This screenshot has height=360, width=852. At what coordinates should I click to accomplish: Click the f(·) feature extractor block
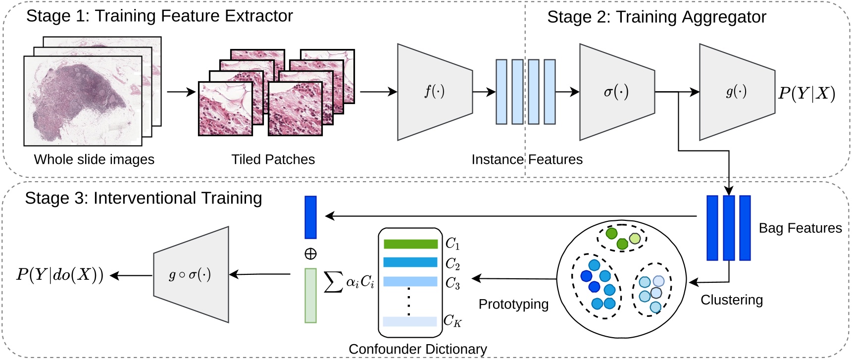pos(434,92)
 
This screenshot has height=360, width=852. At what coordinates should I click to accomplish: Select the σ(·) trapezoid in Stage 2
pos(616,92)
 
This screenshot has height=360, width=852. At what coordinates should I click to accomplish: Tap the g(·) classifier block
pos(736,92)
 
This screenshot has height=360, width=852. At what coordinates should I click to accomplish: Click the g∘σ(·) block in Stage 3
pos(191,275)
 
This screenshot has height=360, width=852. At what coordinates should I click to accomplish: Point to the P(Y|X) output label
pos(806,93)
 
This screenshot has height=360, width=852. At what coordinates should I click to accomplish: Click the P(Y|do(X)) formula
pos(60,275)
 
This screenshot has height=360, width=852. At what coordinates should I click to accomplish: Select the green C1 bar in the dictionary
pos(410,244)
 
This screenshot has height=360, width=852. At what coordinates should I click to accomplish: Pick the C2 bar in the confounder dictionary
pos(410,262)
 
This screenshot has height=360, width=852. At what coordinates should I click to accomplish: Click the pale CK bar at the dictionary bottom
pos(410,321)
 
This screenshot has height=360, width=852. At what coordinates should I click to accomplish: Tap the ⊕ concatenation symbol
pos(310,254)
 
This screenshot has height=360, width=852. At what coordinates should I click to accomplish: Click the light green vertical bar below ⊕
pos(310,296)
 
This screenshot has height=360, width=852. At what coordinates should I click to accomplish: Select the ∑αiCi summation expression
pos(349,282)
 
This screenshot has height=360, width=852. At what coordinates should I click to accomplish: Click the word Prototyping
pos(513,304)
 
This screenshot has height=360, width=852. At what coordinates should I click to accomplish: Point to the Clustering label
pos(731,300)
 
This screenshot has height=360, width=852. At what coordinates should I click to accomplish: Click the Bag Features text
pos(800,228)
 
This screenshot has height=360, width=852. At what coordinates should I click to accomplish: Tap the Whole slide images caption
pos(94,159)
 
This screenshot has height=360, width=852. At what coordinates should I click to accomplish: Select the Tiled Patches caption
pos(273,159)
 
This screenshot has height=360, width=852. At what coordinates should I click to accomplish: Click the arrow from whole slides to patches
pos(181,92)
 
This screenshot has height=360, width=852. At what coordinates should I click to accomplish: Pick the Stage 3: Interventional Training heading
pos(144,198)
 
